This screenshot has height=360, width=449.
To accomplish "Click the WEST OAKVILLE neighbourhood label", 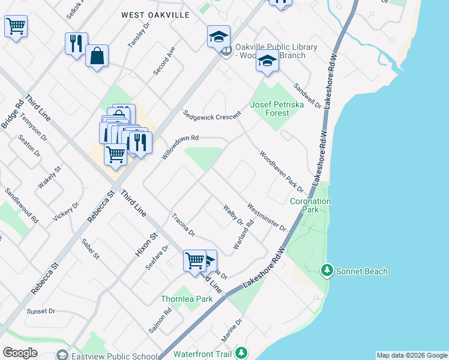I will pyautogui.click(x=155, y=14).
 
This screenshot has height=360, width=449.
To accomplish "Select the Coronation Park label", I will pyautogui.click(x=310, y=206).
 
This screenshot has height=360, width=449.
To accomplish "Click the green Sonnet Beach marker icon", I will pyautogui.click(x=327, y=271).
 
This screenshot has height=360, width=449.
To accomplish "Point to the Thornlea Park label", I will pyautogui.click(x=187, y=298).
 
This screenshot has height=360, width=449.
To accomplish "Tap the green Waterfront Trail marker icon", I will pyautogui.click(x=241, y=353).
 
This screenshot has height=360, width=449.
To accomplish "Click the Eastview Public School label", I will pyautogui.click(x=114, y=355).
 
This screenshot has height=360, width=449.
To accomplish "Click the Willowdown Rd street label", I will pyautogui.click(x=180, y=147).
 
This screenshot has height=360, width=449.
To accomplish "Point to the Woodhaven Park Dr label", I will pyautogui.click(x=282, y=172).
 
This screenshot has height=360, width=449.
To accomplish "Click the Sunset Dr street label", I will pyautogui.click(x=41, y=311).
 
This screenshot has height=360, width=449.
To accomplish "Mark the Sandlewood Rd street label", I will pyautogui.click(x=21, y=204).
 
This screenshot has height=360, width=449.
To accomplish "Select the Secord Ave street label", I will pyautogui.click(x=163, y=61).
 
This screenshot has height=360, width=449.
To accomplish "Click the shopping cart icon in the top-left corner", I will pyautogui.click(x=16, y=26).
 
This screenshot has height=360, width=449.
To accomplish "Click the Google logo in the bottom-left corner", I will pyautogui.click(x=20, y=353).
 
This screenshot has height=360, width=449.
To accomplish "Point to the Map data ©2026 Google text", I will pyautogui.click(x=412, y=355).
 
